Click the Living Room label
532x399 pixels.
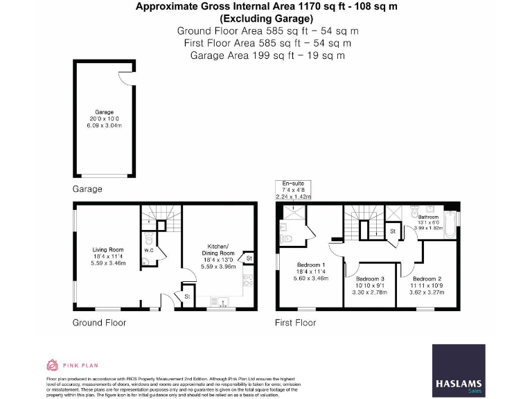(108, 249)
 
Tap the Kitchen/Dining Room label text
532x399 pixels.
(218, 249)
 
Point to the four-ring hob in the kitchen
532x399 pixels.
(247, 281)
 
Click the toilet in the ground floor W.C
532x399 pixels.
(146, 261)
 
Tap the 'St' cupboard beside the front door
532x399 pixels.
(187, 296)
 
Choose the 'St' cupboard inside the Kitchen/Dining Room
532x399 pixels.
(249, 258)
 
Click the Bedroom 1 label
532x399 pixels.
(311, 265)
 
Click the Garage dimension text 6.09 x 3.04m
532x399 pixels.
(104, 125)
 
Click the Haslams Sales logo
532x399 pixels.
(459, 370)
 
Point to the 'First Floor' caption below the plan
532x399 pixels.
(296, 323)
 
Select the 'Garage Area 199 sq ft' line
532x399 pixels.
(266, 55)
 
